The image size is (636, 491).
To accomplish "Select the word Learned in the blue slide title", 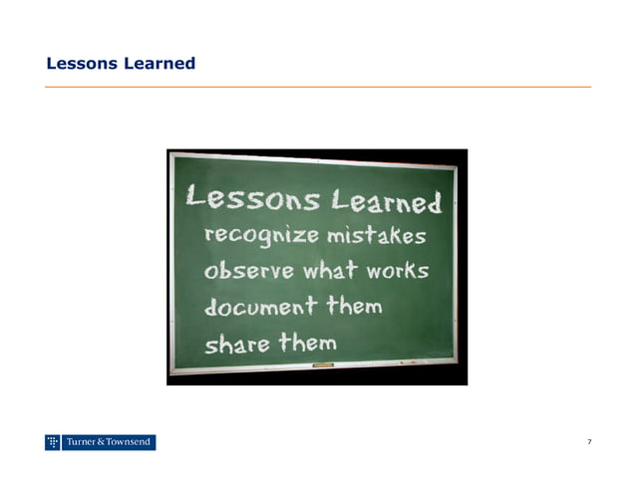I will click(x=159, y=64).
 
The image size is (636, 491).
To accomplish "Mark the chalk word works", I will click(x=396, y=270).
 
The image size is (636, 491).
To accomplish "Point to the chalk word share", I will click(x=237, y=344).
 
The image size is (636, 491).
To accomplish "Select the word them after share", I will click(x=308, y=343).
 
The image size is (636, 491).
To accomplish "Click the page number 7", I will click(x=590, y=441).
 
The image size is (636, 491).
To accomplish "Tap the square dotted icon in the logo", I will click(x=53, y=442).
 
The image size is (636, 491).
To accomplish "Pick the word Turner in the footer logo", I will click(x=82, y=442).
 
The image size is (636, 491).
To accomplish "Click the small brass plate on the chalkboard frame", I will click(x=322, y=367).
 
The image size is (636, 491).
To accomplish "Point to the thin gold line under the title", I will click(x=318, y=87).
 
